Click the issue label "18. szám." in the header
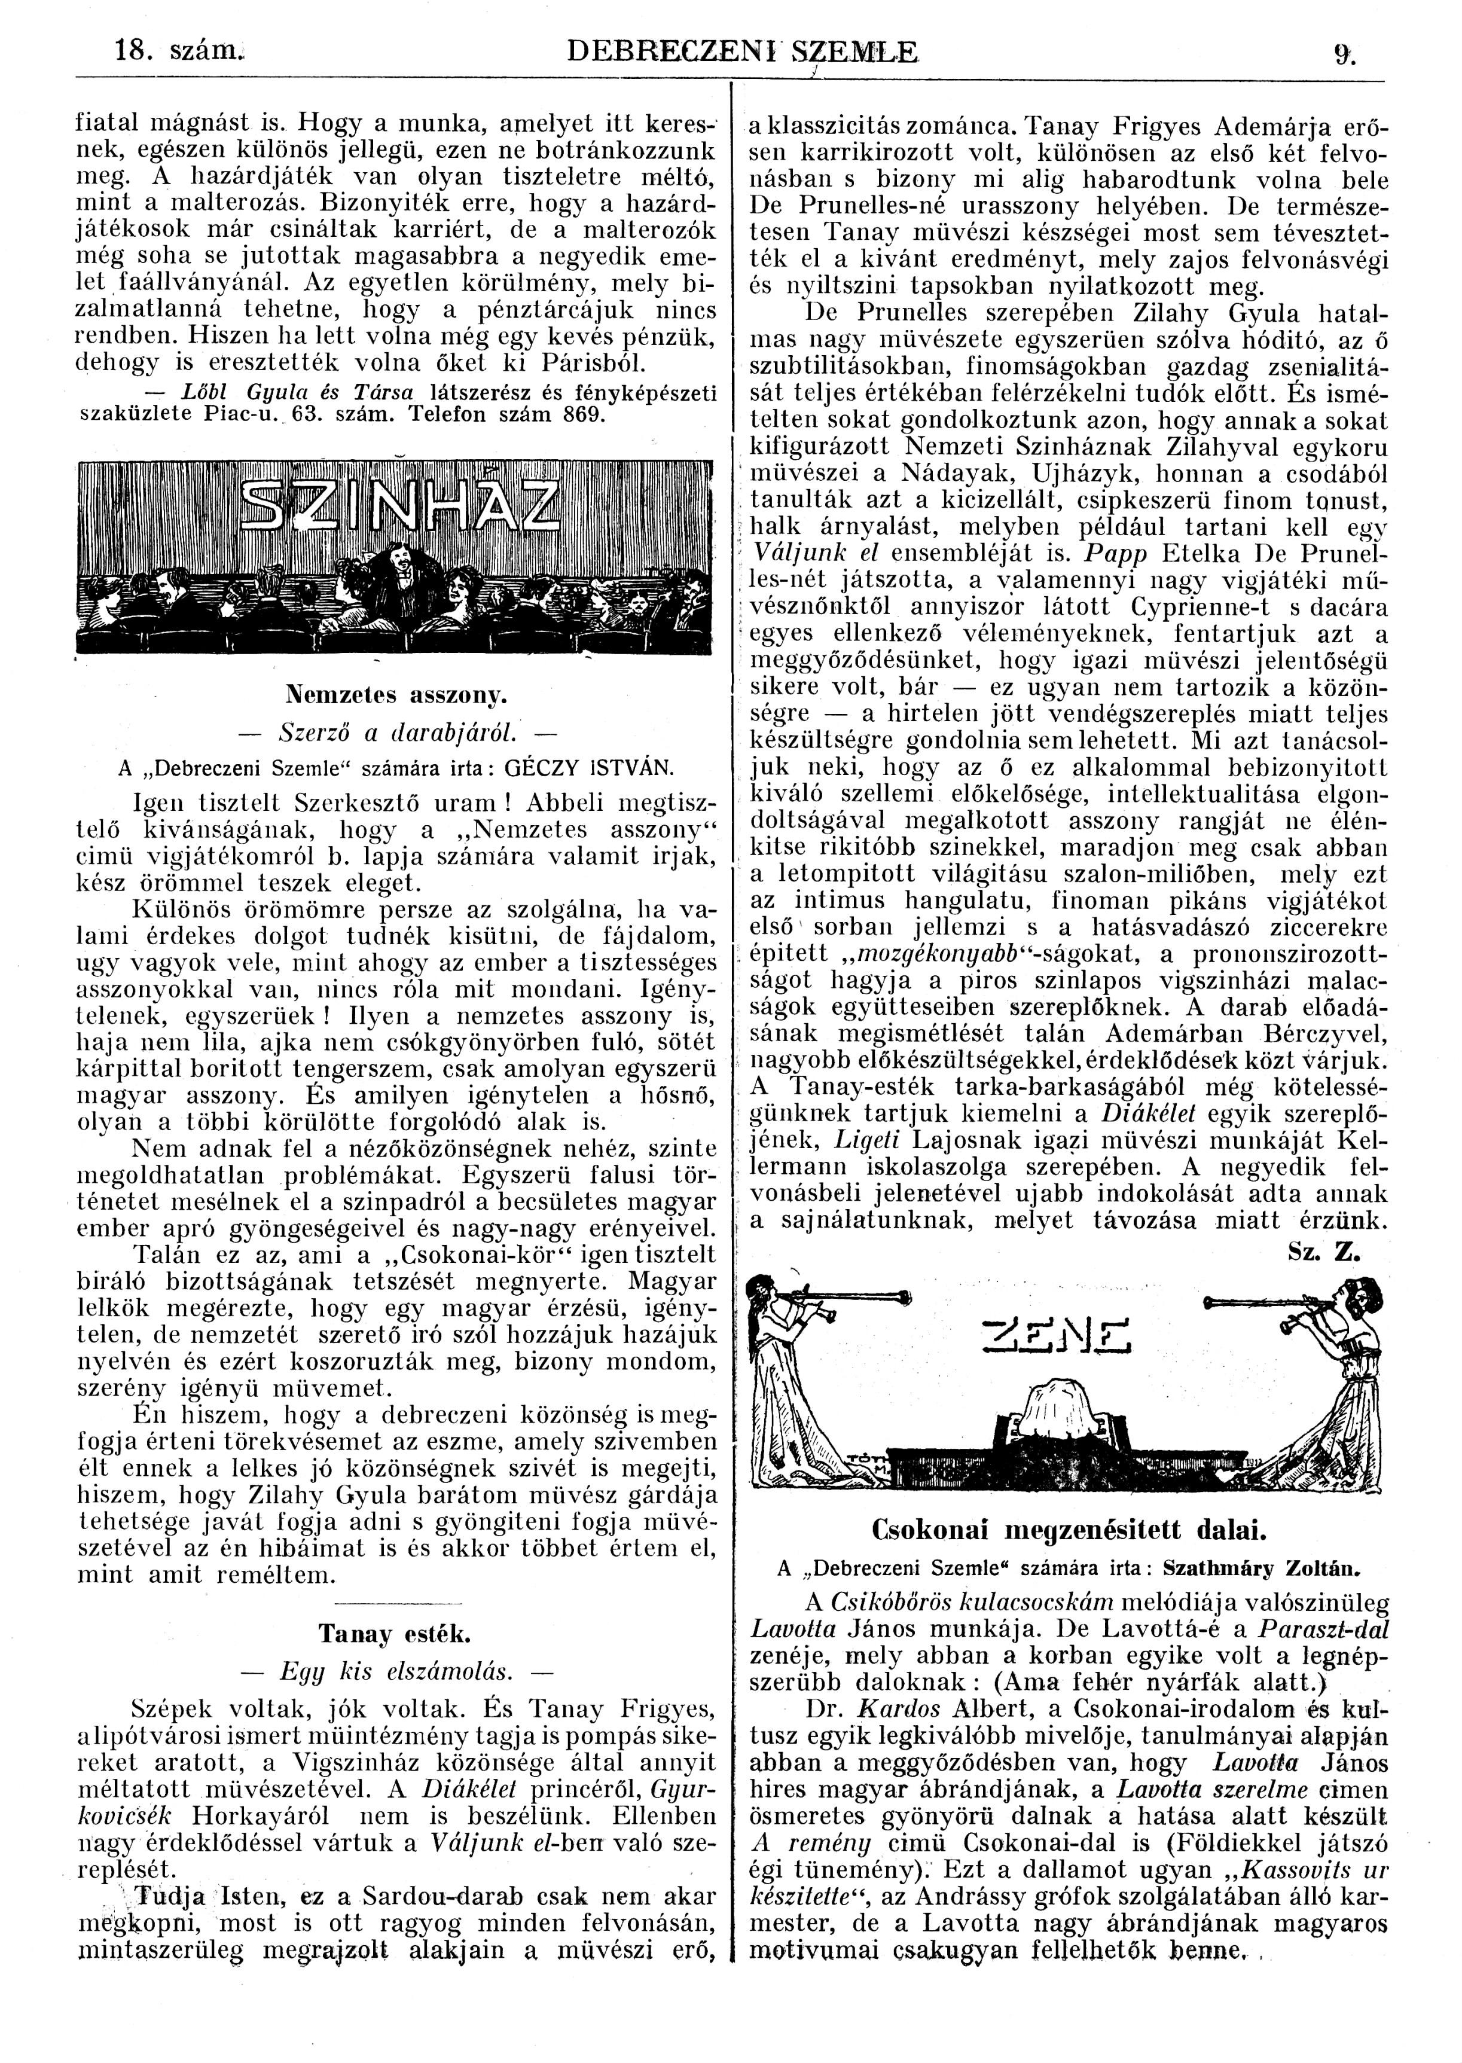[169, 52]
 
